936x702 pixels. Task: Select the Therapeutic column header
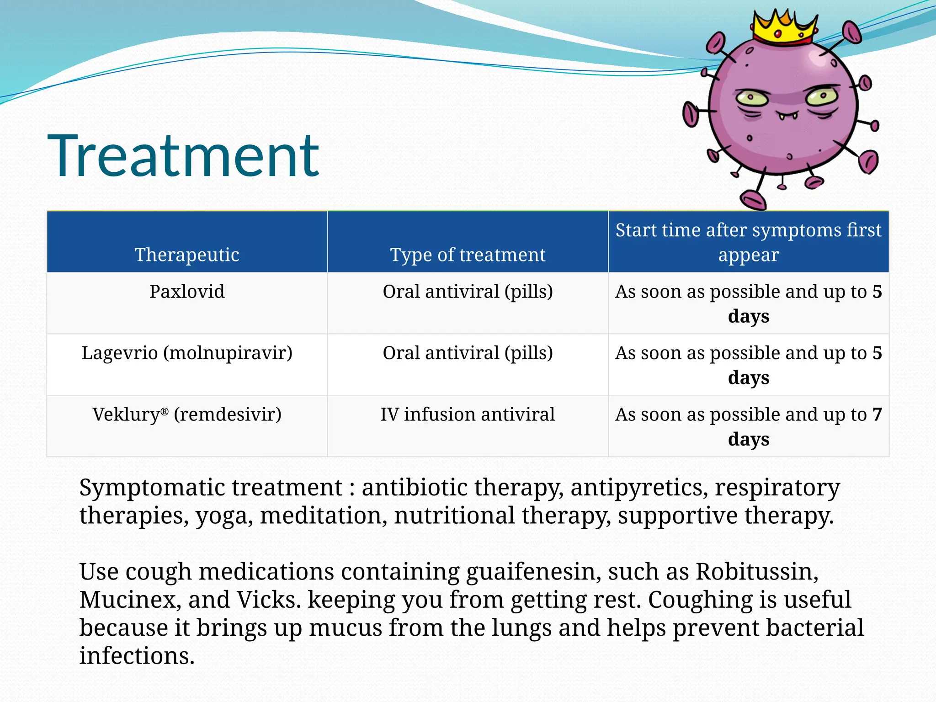tap(187, 255)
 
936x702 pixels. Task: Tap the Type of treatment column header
tap(468, 255)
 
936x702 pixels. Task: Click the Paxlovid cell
tap(187, 292)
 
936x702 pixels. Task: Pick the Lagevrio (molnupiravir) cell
tap(187, 353)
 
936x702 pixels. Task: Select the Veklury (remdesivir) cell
tap(187, 415)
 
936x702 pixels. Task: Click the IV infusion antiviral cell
tap(468, 415)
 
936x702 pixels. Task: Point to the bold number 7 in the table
tap(877, 415)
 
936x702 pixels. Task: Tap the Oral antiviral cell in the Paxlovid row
tap(468, 292)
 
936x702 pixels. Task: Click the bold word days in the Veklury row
tap(749, 439)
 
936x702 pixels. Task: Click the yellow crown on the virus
tap(783, 27)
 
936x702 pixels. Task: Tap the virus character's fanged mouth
tap(788, 114)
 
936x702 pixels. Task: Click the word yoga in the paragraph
tap(224, 516)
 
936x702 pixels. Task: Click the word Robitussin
tap(756, 572)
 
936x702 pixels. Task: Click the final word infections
tap(137, 656)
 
